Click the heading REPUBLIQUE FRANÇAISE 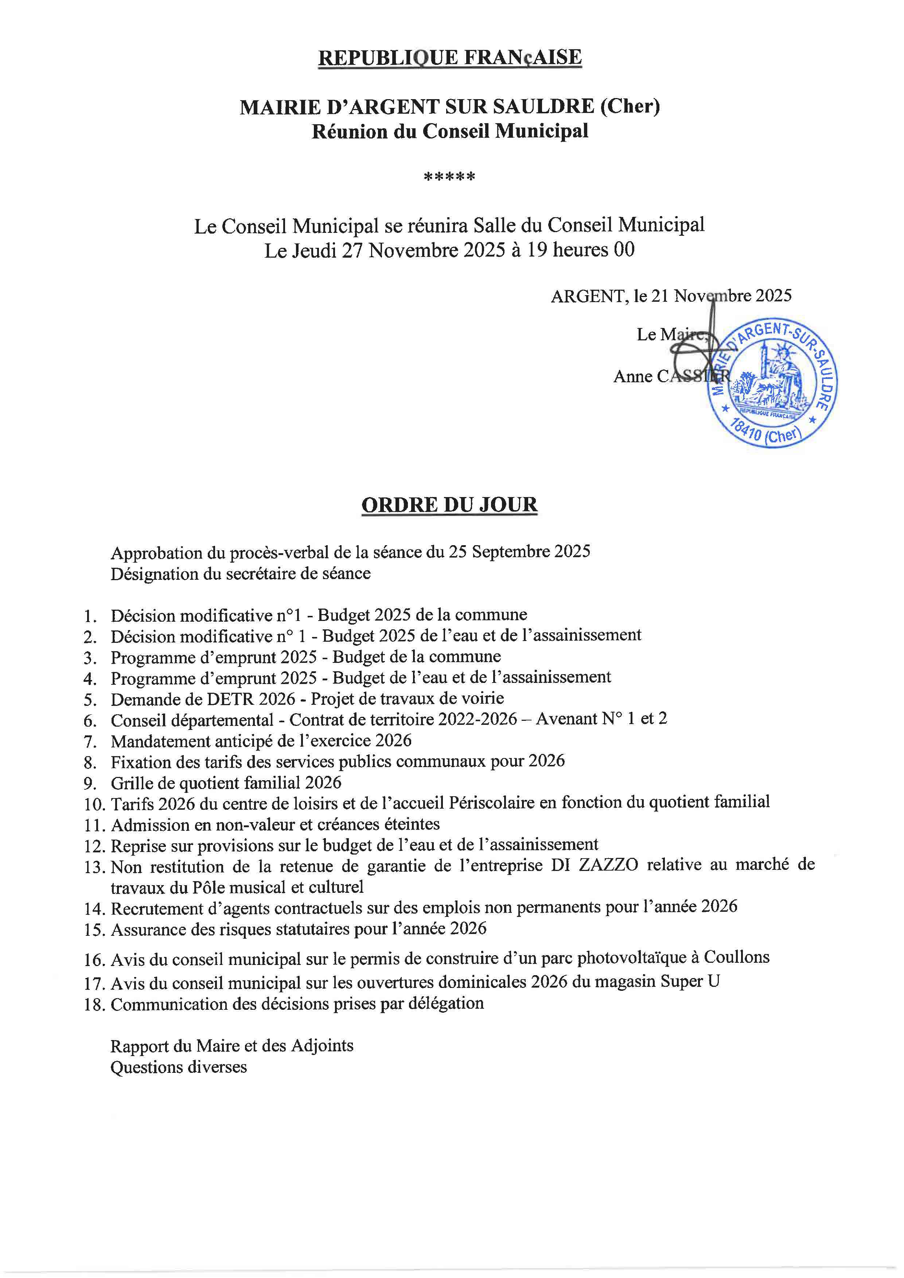pyautogui.click(x=450, y=57)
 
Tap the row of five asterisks pyautogui.click(x=449, y=177)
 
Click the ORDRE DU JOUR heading pyautogui.click(x=449, y=505)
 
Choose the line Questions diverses pyautogui.click(x=178, y=1067)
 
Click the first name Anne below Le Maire pyautogui.click(x=632, y=376)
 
